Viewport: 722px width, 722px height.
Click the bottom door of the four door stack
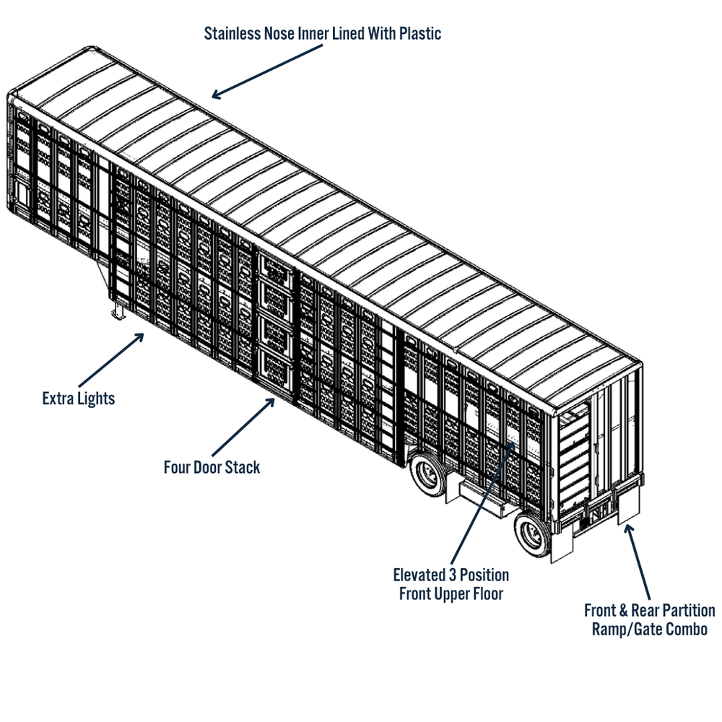click(x=276, y=365)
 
